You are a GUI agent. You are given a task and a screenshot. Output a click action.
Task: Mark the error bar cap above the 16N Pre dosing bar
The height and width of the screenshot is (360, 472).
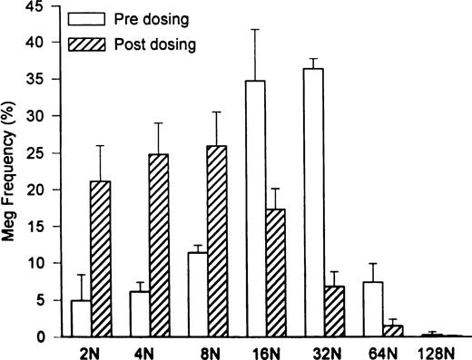(x=257, y=29)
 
